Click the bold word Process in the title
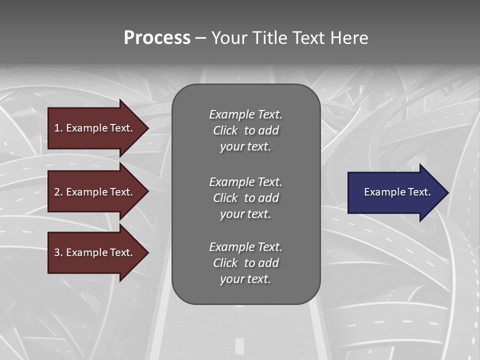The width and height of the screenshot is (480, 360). [x=157, y=38]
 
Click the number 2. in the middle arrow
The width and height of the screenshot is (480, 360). [x=58, y=192]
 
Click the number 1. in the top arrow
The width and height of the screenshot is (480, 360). [x=58, y=128]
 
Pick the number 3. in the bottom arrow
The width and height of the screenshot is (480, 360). [x=58, y=252]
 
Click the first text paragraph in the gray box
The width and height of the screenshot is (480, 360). [x=245, y=130]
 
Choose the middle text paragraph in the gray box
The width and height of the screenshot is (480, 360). [x=245, y=198]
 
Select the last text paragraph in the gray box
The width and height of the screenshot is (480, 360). [x=245, y=263]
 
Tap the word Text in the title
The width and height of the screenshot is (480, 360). [x=307, y=38]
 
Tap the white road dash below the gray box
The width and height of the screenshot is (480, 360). [x=239, y=345]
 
